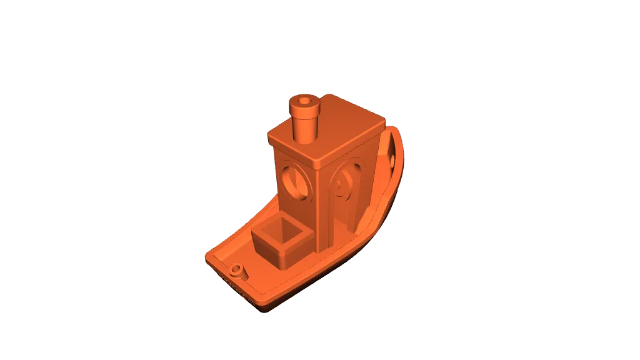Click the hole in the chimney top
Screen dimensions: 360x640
tap(305, 101)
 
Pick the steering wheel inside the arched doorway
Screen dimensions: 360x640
tap(341, 187)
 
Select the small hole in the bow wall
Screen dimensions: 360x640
tap(392, 161)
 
